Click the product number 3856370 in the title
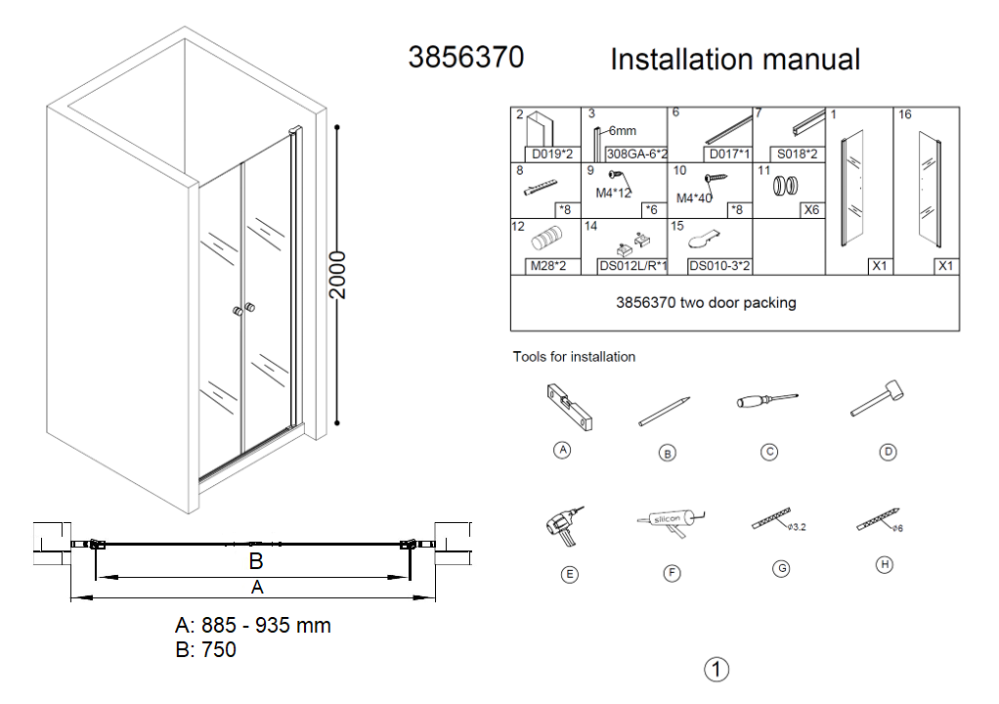click(465, 58)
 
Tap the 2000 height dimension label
click(337, 275)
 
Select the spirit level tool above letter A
click(569, 407)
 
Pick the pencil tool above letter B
click(664, 412)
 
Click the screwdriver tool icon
click(767, 400)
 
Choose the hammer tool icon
click(878, 398)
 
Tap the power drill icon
click(564, 526)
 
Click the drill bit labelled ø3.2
click(771, 518)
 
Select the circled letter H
click(885, 564)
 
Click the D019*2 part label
click(552, 154)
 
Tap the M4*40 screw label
click(694, 198)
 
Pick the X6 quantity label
click(811, 209)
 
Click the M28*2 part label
click(548, 266)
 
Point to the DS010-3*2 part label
click(719, 266)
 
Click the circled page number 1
click(717, 670)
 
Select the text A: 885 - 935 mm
click(253, 625)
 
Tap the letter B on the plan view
click(256, 561)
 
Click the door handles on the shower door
click(243, 310)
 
